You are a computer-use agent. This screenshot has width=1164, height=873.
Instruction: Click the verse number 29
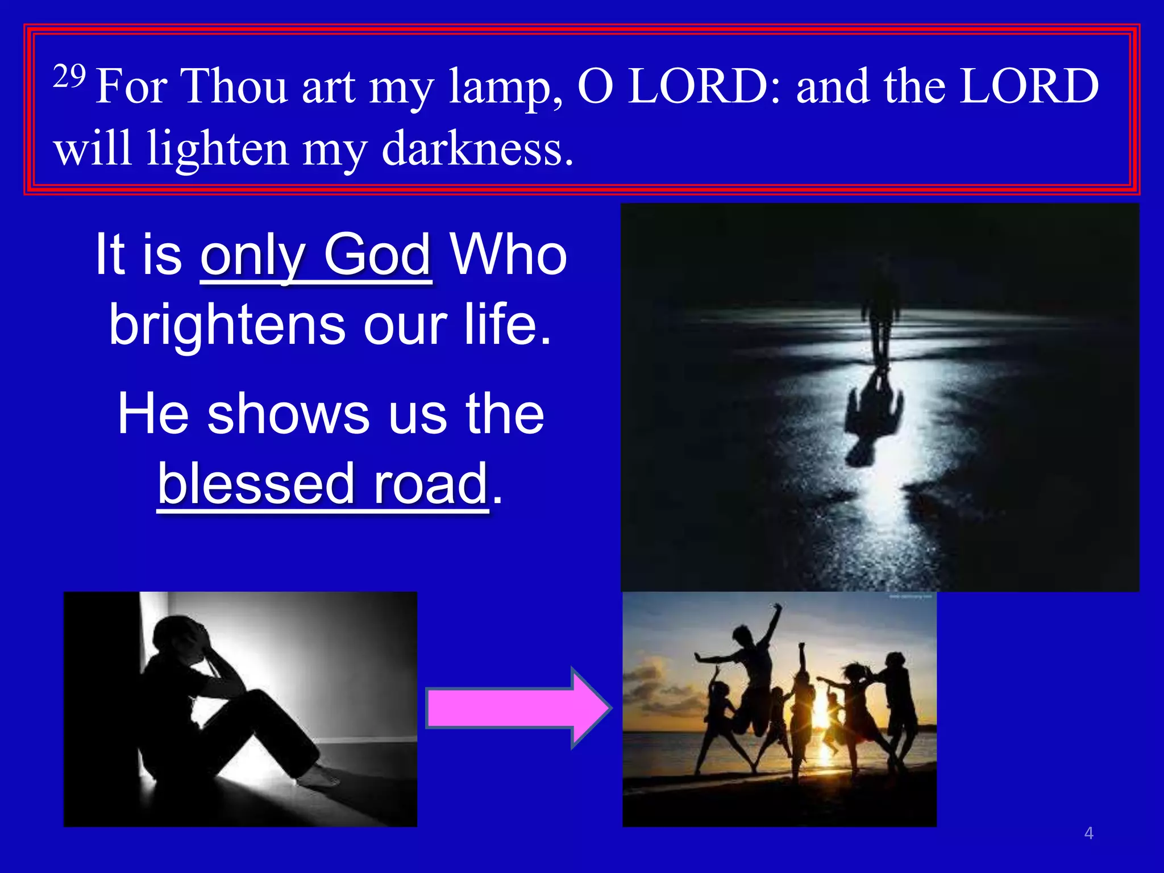point(69,77)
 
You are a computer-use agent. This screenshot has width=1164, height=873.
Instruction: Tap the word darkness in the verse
point(476,149)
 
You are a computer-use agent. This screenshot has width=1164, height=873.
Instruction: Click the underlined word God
point(377,254)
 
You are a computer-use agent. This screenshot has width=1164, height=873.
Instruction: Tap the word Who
point(508,254)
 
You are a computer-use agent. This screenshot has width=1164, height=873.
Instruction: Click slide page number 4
point(1088,833)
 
